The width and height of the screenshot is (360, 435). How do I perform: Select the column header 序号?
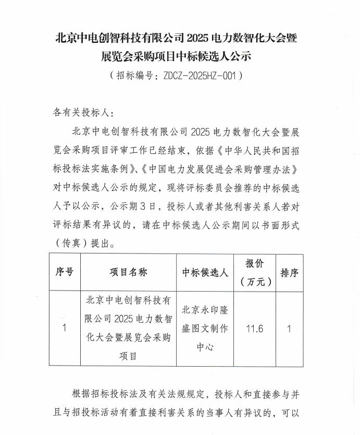tap(64, 272)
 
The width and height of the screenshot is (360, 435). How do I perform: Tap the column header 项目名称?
tap(128, 272)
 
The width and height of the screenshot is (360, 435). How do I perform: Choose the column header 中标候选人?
tap(205, 272)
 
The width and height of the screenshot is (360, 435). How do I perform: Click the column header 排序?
tap(289, 272)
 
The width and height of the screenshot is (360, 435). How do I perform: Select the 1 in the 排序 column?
tap(289, 329)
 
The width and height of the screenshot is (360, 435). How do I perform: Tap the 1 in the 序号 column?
tap(64, 329)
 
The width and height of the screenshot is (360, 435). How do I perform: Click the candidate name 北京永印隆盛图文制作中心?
tap(205, 329)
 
